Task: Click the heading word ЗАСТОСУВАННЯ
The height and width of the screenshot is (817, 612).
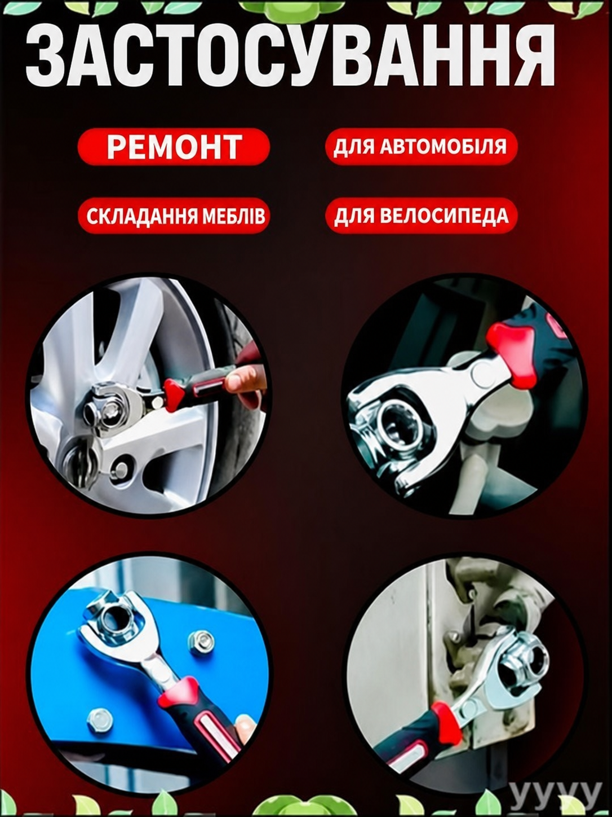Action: coord(291,56)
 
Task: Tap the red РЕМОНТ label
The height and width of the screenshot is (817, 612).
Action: coord(174,147)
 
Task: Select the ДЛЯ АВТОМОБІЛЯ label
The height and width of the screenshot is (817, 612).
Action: coord(421,147)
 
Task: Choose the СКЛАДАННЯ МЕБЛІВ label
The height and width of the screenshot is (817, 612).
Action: coord(174,216)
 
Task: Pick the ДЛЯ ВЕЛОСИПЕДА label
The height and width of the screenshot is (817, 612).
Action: coord(421,216)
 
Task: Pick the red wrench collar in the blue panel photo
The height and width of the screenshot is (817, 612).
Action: coord(179,691)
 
